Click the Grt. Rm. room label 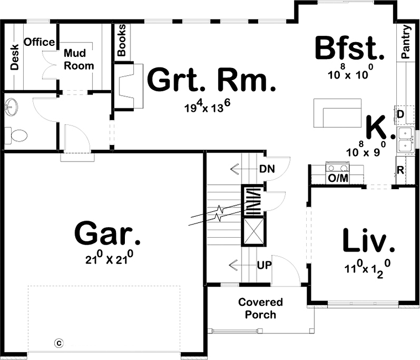(x=211, y=79)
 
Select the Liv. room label (x=369, y=240)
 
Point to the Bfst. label (x=350, y=48)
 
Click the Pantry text (x=406, y=42)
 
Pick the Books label (x=122, y=40)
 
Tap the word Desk (x=14, y=57)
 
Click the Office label (x=39, y=42)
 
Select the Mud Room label (x=78, y=60)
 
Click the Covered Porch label (x=260, y=308)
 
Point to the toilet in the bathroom (x=16, y=135)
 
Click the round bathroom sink (x=11, y=107)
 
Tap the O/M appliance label (x=338, y=178)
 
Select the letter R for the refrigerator (x=400, y=170)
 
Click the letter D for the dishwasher (x=400, y=114)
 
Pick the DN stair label (x=267, y=169)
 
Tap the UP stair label (x=264, y=265)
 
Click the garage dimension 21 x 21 (x=109, y=258)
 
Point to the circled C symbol (x=59, y=343)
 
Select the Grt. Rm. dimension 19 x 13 (x=208, y=106)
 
